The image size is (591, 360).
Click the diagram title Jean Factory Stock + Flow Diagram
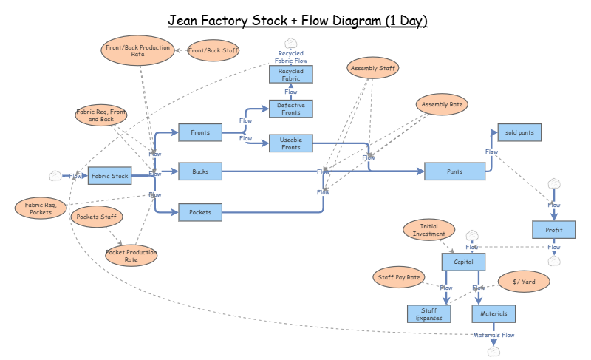(297, 21)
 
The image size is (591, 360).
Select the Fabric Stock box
(110, 176)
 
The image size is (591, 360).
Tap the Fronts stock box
(200, 133)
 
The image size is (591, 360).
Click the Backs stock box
(200, 171)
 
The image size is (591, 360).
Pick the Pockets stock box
(200, 212)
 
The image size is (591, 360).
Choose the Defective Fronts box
(291, 109)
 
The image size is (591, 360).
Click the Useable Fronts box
(291, 143)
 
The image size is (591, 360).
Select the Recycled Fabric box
(291, 74)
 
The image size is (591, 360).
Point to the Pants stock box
(455, 171)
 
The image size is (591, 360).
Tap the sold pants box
(519, 132)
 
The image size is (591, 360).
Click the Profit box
(554, 230)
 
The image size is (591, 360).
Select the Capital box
(463, 262)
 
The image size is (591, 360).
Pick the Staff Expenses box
(428, 313)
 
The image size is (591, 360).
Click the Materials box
(493, 313)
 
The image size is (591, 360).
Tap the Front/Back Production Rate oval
(137, 50)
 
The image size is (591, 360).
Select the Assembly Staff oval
(372, 69)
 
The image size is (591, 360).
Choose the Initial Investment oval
(428, 230)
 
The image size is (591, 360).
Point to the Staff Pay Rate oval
(399, 278)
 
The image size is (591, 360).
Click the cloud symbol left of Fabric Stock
(55, 176)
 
